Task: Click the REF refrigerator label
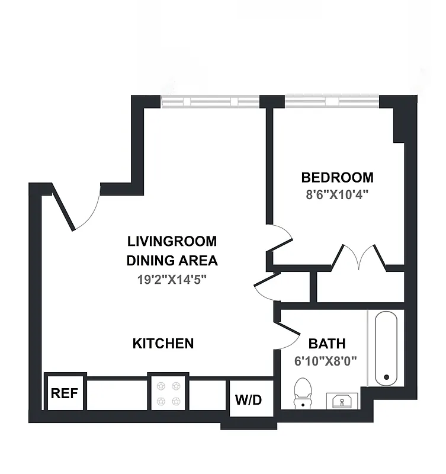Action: [65, 393]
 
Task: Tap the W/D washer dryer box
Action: [248, 399]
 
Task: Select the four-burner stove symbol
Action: [167, 393]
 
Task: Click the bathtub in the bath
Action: [386, 347]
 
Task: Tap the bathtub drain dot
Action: [387, 377]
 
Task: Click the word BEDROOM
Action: [337, 177]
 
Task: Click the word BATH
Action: [327, 344]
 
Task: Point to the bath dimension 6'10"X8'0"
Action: [326, 360]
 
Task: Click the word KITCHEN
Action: [163, 343]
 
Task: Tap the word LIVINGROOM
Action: [172, 241]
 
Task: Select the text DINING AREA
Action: [172, 260]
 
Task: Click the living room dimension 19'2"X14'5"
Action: [172, 278]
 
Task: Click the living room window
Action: [210, 102]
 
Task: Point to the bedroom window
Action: [331, 102]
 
